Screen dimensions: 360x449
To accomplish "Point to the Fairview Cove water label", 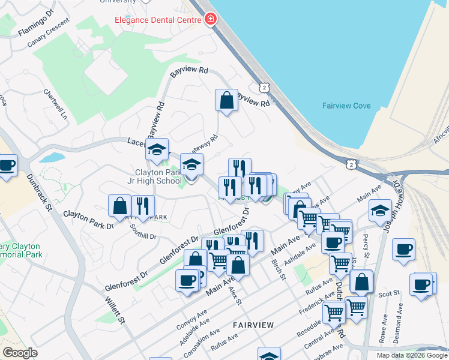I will pos(346,106).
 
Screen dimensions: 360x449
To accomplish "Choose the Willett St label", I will pos(114,310).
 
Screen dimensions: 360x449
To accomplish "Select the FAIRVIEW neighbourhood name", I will pos(253,325).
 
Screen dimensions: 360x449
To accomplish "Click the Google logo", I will pos(20,353).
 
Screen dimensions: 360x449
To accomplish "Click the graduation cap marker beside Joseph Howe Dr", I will pos(380,211).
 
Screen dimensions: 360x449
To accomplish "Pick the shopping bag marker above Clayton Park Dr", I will pos(119,205).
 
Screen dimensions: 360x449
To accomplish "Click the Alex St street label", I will pos(235,296).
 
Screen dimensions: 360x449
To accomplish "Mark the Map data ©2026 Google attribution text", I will pos(411,355).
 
